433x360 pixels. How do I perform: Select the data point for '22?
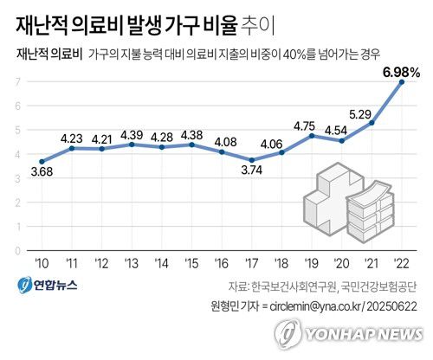point(401,82)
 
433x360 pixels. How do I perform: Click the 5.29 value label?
point(372,112)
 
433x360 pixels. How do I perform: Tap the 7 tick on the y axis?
point(17,81)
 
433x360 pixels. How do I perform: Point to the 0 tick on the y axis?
point(17,251)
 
